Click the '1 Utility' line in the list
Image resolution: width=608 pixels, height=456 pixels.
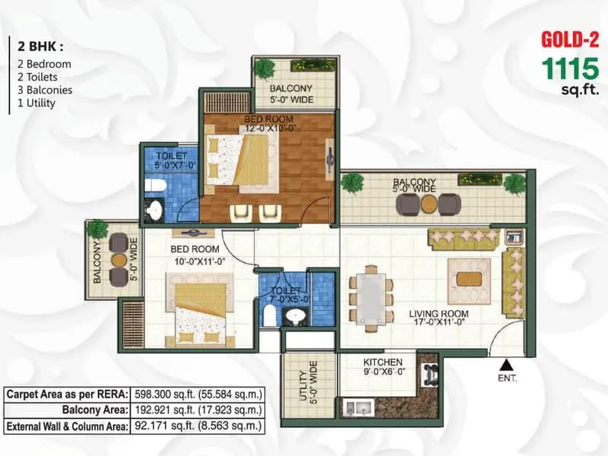37,103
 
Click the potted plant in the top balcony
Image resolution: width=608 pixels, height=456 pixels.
264,68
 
